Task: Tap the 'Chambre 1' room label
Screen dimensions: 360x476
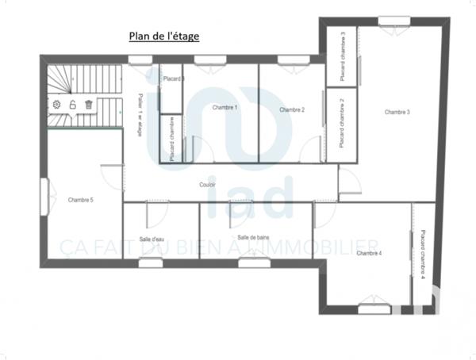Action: pyautogui.click(x=225, y=107)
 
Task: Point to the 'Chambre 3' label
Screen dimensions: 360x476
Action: pyautogui.click(x=397, y=113)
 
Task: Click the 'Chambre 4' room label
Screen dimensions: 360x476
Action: pyautogui.click(x=369, y=253)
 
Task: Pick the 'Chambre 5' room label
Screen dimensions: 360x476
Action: pyautogui.click(x=81, y=200)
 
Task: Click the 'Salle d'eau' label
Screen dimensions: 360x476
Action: pyautogui.click(x=151, y=239)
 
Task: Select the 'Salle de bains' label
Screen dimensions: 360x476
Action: pyautogui.click(x=253, y=237)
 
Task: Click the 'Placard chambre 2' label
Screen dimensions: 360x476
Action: pyautogui.click(x=342, y=124)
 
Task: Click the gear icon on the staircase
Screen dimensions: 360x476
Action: pyautogui.click(x=56, y=104)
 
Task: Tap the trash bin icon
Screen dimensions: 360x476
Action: pyautogui.click(x=89, y=104)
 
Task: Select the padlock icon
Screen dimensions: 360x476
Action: pyautogui.click(x=72, y=104)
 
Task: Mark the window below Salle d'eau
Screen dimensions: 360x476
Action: pyautogui.click(x=151, y=262)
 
